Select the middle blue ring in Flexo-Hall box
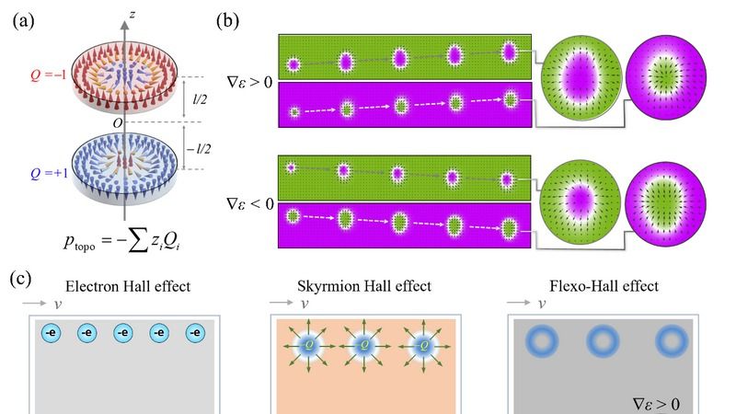pos(601,340)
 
